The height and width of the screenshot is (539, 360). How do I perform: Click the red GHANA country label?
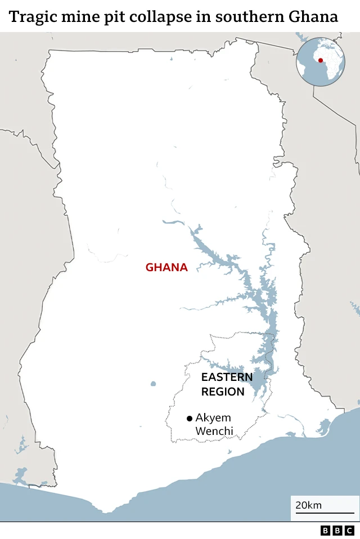click(x=166, y=267)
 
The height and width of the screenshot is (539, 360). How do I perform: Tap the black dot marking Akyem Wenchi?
click(x=190, y=418)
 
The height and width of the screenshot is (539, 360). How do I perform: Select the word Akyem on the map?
click(x=213, y=418)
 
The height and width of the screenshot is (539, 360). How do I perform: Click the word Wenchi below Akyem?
click(x=214, y=432)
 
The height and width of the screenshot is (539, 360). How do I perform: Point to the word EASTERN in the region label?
click(x=227, y=377)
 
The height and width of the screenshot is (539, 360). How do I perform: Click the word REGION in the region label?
click(x=223, y=392)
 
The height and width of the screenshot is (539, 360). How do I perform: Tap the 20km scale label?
click(x=309, y=505)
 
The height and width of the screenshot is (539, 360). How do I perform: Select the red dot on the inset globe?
click(x=321, y=60)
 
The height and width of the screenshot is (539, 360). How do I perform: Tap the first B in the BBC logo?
click(x=326, y=531)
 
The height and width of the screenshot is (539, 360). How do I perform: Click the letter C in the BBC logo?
click(x=349, y=531)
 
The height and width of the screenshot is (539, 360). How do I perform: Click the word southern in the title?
click(x=247, y=16)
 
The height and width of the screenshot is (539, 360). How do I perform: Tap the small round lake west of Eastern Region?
click(x=153, y=384)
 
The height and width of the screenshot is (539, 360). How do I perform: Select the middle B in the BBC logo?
click(x=337, y=531)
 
